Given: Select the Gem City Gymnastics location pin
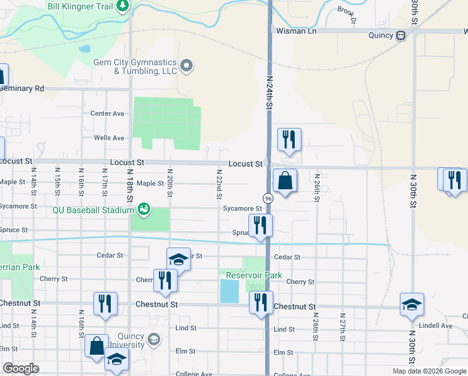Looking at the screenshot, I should tap(186, 65).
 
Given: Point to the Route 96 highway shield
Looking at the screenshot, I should tap(268, 198).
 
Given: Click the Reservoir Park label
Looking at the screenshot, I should tap(254, 275).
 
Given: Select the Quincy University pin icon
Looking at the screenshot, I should tap(153, 340).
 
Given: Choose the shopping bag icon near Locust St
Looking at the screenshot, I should tap(285, 181).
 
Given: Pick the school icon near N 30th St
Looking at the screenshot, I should tap(411, 305).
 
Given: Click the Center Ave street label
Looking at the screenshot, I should tap(108, 113).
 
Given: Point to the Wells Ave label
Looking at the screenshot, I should tap(109, 138).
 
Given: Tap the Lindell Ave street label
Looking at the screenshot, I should tap(435, 326).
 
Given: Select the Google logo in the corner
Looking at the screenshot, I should tap(21, 368).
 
